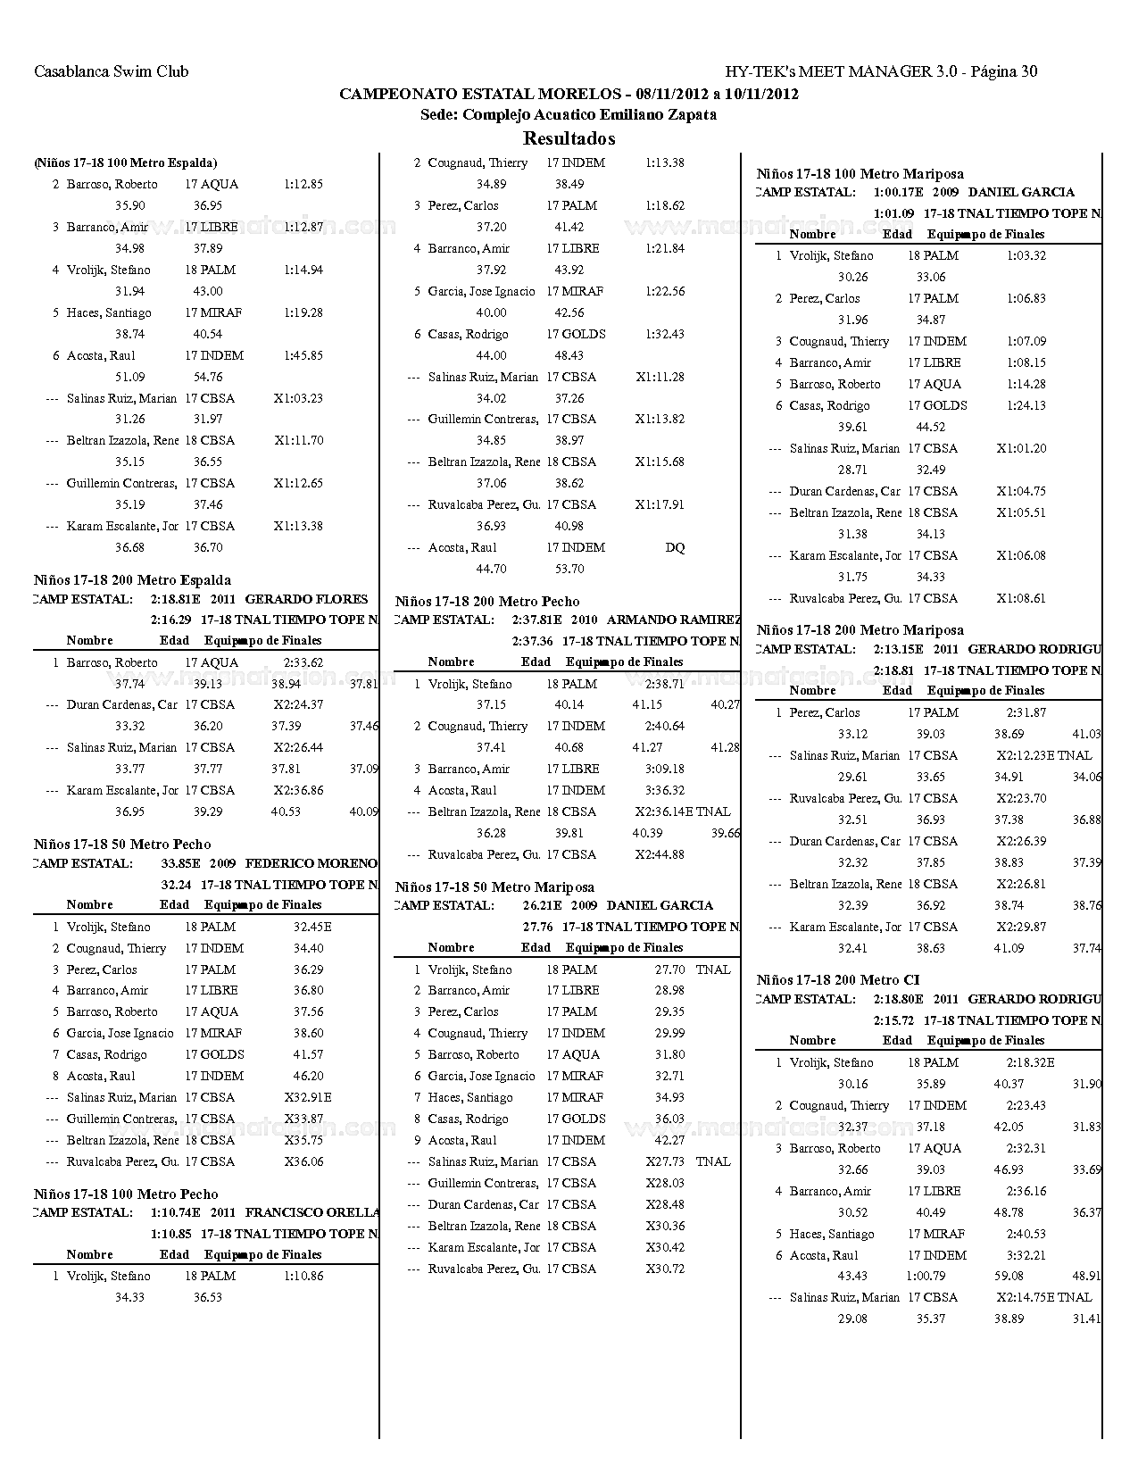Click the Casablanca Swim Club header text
(x=111, y=71)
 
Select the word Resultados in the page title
(x=569, y=138)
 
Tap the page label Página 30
(x=1003, y=71)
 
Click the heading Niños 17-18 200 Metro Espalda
(x=132, y=580)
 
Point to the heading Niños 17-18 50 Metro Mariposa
(x=494, y=887)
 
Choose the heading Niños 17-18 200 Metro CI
(x=837, y=980)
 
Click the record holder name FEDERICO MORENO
(x=311, y=864)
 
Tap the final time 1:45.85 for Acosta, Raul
(x=303, y=355)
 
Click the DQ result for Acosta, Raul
(x=675, y=548)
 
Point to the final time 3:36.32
(x=664, y=791)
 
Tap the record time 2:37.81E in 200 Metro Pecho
(x=537, y=620)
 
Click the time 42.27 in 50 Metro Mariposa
(x=669, y=1141)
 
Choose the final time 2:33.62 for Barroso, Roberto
(x=303, y=663)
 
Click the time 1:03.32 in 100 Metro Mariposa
(x=1026, y=256)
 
